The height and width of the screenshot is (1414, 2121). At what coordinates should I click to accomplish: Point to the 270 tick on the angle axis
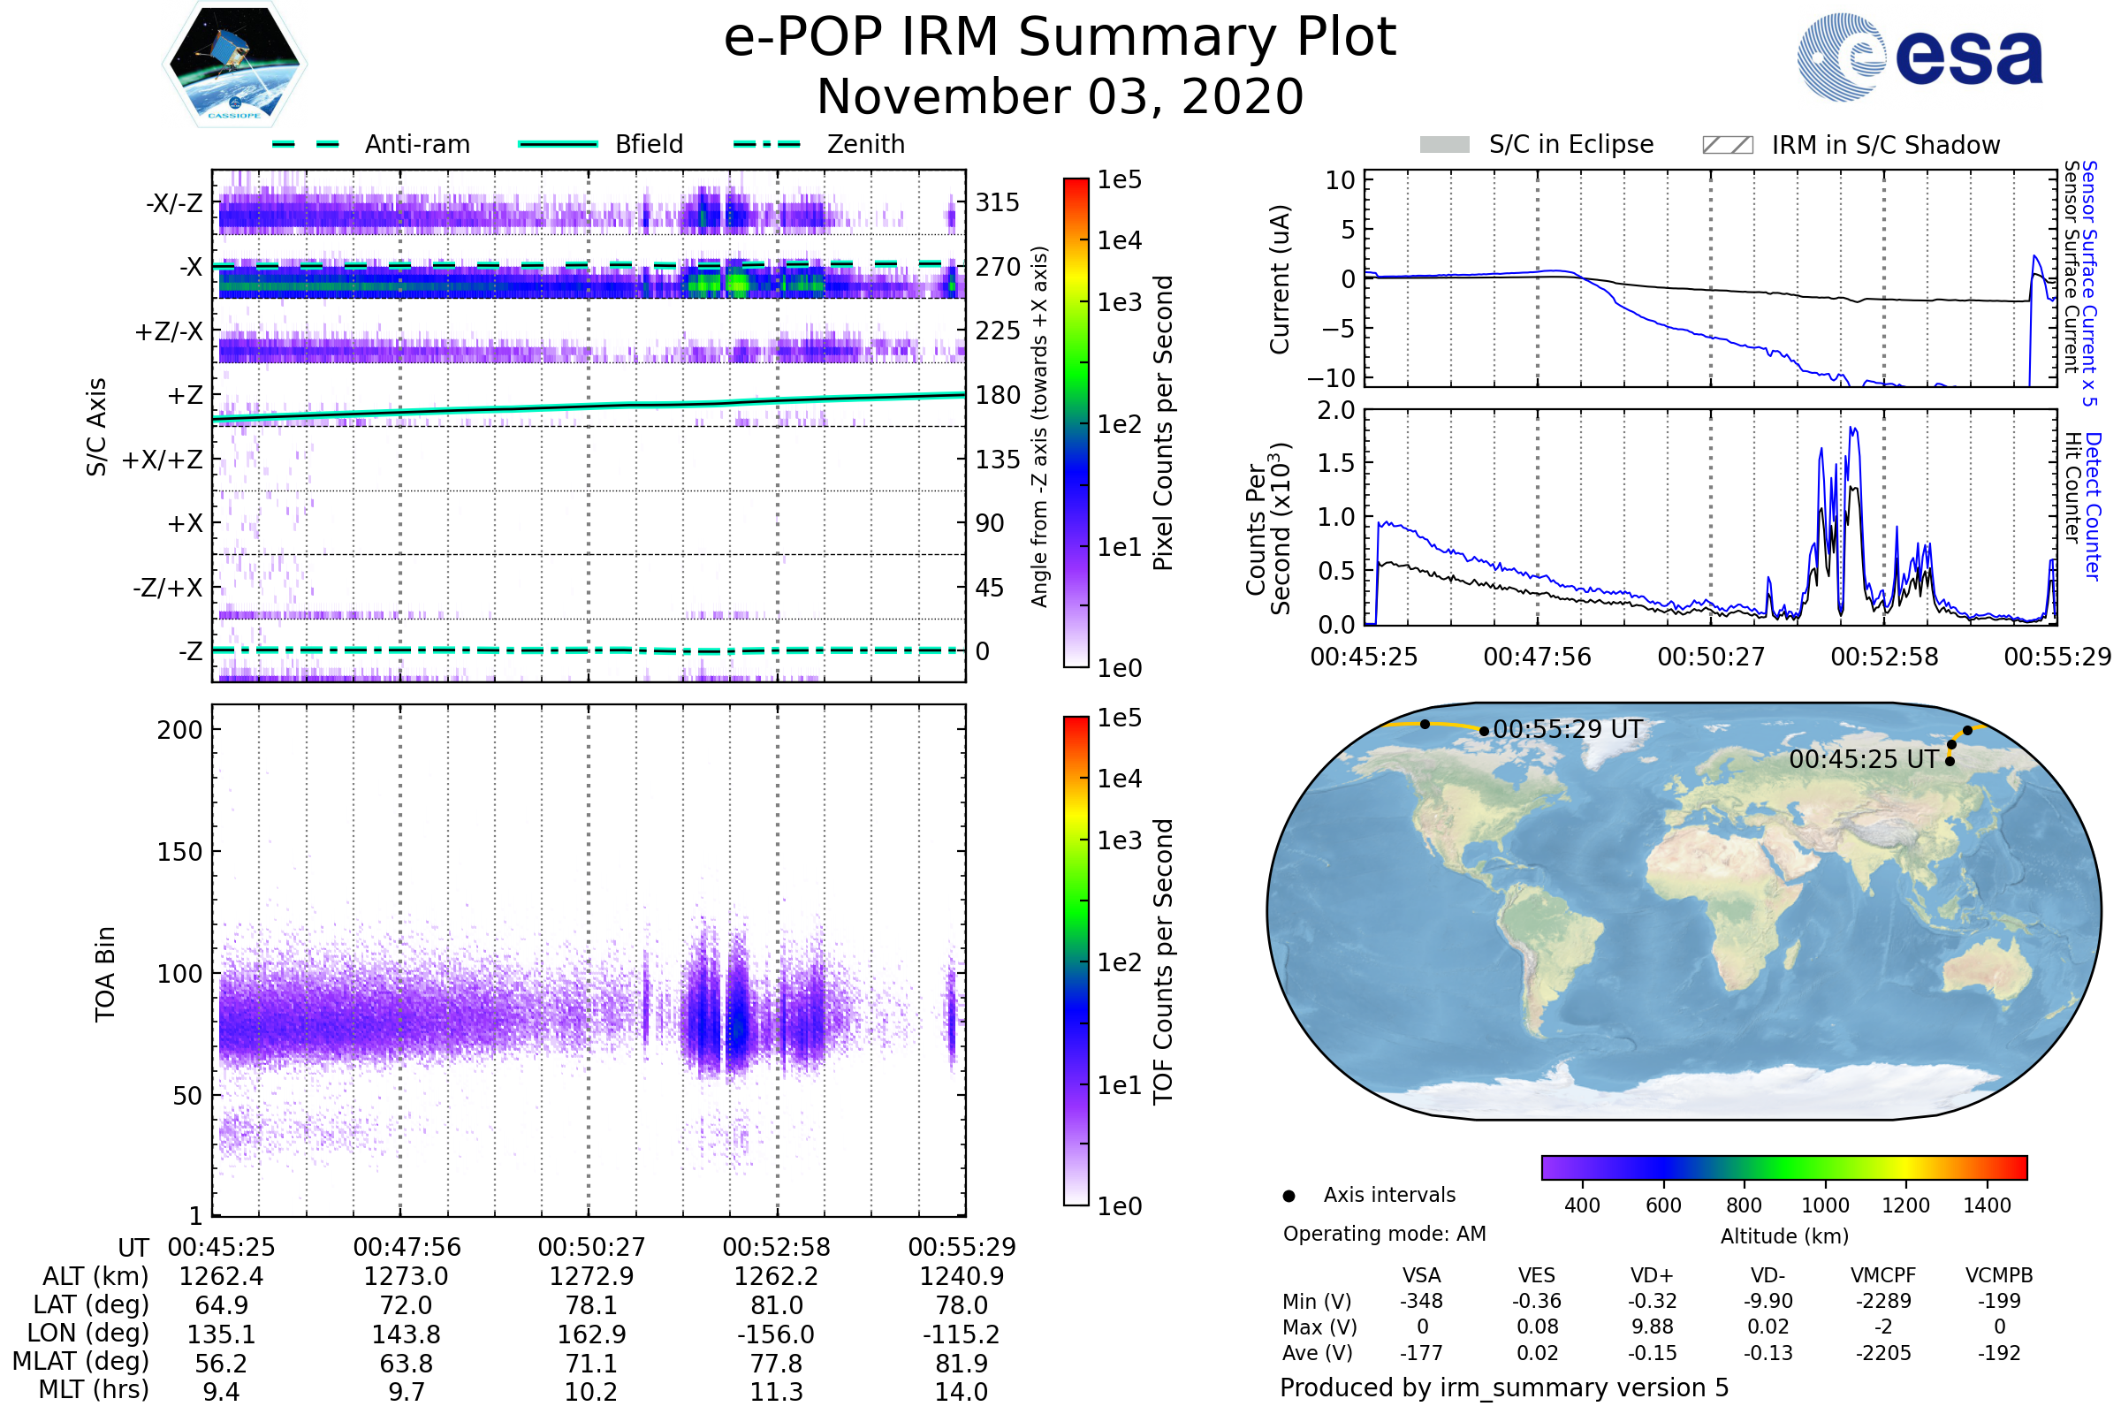tap(998, 267)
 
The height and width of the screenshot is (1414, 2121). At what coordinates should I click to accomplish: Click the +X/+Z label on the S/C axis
tap(163, 460)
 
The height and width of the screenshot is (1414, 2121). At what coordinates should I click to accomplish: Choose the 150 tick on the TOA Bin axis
tap(179, 852)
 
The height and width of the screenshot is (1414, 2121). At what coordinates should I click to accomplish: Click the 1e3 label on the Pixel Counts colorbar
tap(1119, 303)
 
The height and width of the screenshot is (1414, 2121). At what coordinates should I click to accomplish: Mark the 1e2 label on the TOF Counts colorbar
tap(1119, 963)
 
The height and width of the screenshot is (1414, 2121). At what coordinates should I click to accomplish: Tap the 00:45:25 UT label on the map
tap(1863, 759)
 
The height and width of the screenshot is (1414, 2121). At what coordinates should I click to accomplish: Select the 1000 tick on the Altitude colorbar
tap(1824, 1205)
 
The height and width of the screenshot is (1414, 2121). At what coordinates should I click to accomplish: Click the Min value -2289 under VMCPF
tap(1883, 1301)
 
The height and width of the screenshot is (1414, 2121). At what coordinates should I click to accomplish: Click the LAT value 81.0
tap(777, 1306)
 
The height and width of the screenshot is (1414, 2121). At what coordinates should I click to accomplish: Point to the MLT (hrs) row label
tap(93, 1389)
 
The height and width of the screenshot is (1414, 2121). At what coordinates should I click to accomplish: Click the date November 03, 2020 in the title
tap(1060, 97)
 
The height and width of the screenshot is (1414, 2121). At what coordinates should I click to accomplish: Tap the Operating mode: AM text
tap(1384, 1234)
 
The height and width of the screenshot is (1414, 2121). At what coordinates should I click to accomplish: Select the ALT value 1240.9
tap(962, 1277)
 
